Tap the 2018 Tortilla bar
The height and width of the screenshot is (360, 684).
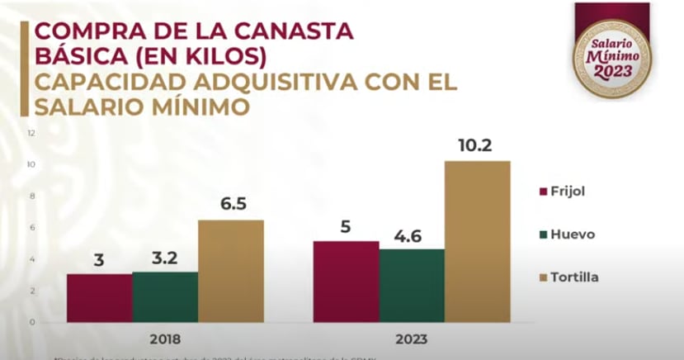click(x=230, y=270)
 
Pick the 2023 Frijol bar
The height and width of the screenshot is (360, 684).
click(x=346, y=281)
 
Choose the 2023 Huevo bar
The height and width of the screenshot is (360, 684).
click(x=412, y=285)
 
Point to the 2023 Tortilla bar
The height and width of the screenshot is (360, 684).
click(x=477, y=240)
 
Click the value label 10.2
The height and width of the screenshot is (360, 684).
click(x=477, y=145)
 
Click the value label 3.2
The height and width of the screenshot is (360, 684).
click(x=165, y=257)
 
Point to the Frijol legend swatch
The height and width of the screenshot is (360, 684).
click(x=544, y=192)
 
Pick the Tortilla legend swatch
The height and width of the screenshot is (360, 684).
click(x=544, y=277)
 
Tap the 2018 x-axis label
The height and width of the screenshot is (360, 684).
click(x=165, y=339)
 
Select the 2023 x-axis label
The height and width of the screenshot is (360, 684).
click(x=412, y=339)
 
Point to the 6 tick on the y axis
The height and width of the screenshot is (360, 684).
click(x=31, y=227)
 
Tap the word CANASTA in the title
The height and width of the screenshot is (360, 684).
click(x=288, y=31)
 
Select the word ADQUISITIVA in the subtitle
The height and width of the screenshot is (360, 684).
click(x=256, y=84)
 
